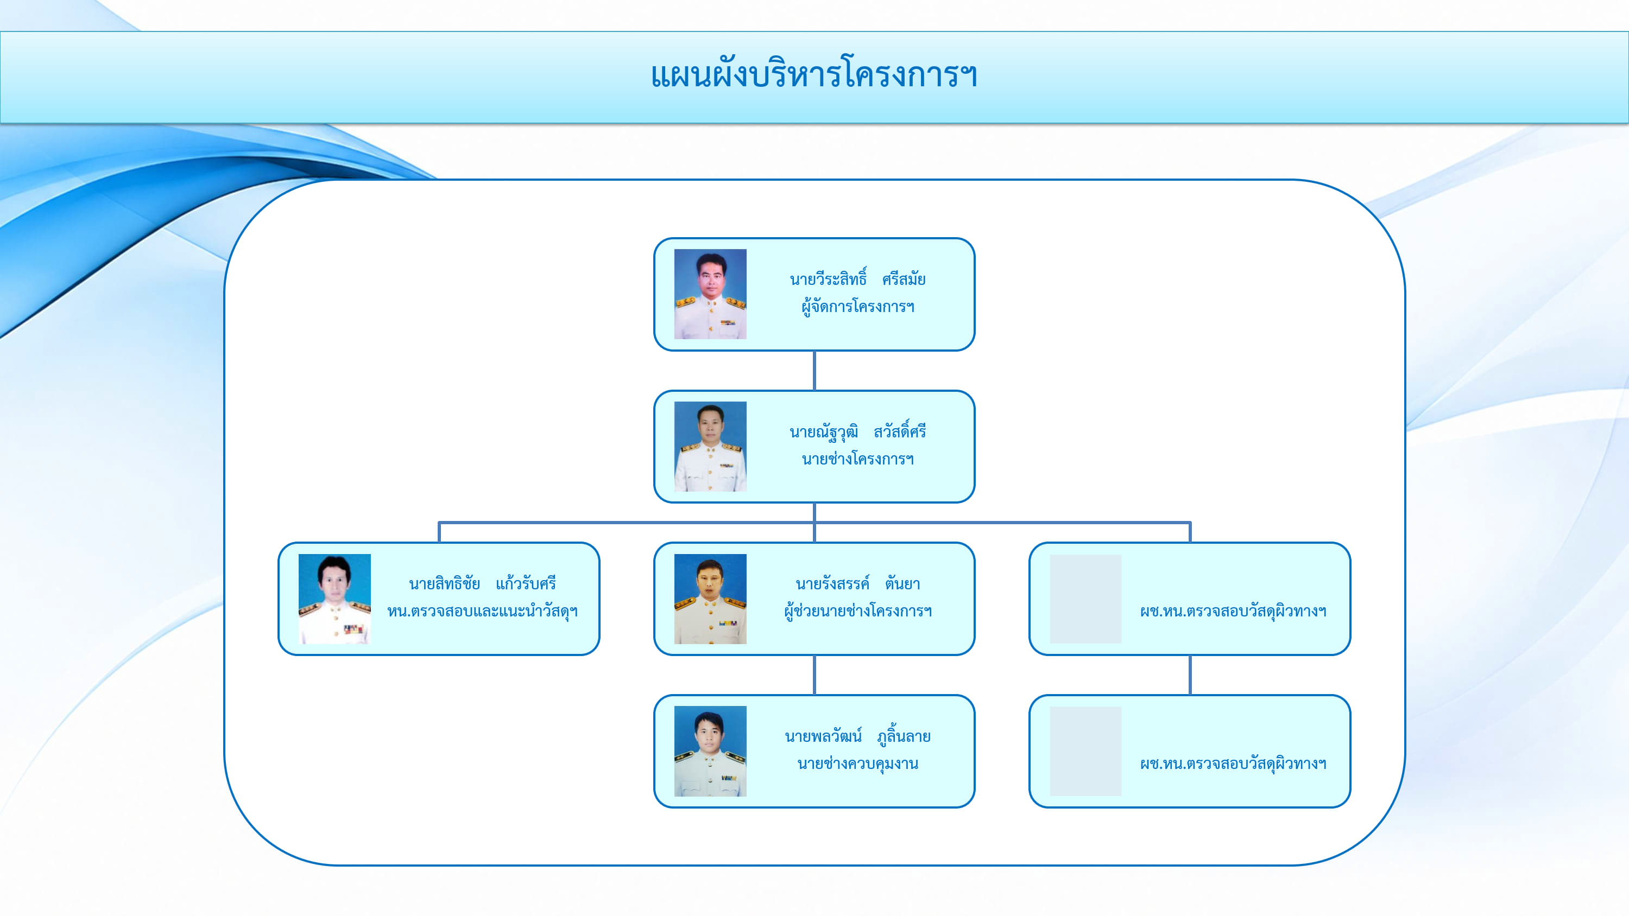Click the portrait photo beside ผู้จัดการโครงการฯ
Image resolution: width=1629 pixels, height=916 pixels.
click(710, 294)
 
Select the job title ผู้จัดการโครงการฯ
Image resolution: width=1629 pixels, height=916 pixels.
click(857, 307)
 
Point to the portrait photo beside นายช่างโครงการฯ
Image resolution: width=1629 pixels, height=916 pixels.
click(710, 446)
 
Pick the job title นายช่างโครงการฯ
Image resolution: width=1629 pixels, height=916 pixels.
click(857, 459)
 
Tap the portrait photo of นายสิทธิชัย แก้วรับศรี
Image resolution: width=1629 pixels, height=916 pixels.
click(334, 599)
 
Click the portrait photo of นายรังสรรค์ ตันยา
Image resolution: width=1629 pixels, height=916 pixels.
click(710, 599)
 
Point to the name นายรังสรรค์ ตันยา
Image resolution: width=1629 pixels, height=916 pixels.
click(857, 583)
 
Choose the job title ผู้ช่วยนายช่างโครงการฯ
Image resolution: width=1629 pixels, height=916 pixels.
click(857, 611)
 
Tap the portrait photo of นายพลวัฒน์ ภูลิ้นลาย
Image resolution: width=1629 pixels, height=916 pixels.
click(710, 751)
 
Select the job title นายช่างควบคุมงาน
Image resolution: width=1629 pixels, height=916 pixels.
click(857, 764)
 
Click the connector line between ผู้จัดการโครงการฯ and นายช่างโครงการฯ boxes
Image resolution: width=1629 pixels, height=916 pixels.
click(814, 371)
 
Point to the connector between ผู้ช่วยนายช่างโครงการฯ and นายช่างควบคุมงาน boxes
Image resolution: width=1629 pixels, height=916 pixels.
click(814, 675)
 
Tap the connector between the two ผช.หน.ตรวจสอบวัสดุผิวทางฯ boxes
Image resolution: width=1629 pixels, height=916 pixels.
click(1190, 675)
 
